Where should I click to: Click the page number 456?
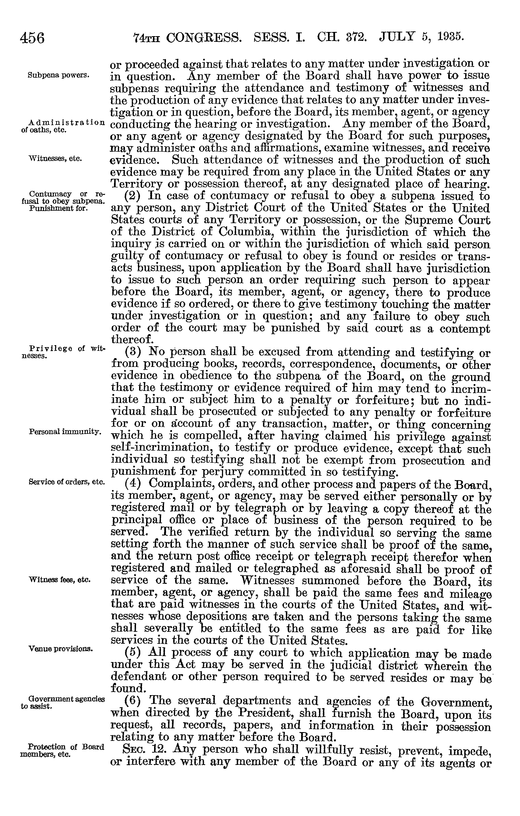point(32,38)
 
